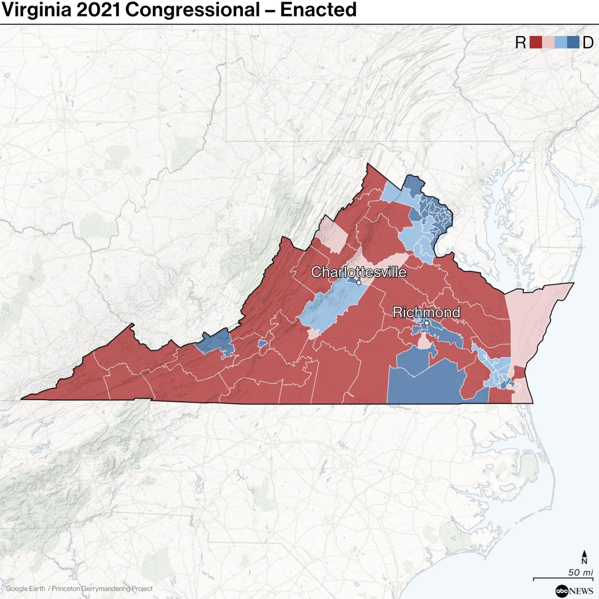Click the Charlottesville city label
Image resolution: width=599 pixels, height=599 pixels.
pos(358,272)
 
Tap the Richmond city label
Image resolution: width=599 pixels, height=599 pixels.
pos(426,312)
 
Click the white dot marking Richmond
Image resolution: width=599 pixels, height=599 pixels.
pos(426,323)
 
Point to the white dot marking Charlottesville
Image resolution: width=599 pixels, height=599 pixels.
pos(359,282)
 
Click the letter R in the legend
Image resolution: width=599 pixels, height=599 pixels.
pos(520,43)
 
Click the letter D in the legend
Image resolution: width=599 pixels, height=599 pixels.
pos(588,43)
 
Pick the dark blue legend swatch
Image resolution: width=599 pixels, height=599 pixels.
pos(573,43)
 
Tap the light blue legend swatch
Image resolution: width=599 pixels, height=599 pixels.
pos(561,43)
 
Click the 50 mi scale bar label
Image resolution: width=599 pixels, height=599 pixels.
pos(580,572)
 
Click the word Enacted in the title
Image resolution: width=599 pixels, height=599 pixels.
pos(318,10)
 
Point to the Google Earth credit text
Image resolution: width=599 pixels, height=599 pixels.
pos(25,588)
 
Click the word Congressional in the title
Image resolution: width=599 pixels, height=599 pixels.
pos(192,10)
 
